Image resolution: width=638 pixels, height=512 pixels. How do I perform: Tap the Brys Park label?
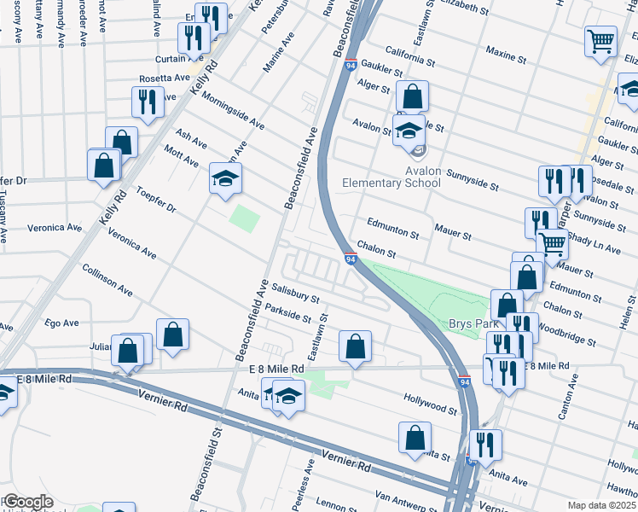[x=467, y=324]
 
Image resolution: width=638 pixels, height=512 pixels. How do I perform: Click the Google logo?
[x=27, y=502]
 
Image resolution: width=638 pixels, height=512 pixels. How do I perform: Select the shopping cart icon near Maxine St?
[x=600, y=40]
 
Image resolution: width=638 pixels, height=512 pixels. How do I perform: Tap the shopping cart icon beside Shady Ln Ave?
[x=553, y=243]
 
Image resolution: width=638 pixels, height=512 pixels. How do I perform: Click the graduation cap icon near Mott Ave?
[x=226, y=179]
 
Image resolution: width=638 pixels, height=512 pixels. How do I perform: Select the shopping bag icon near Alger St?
[x=412, y=97]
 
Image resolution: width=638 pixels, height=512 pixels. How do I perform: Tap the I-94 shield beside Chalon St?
[x=351, y=259]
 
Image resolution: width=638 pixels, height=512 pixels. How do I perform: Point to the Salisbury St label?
[x=294, y=294]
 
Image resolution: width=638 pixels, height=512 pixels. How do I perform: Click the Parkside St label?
[x=287, y=313]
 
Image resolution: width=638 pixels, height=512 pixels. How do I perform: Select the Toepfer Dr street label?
[x=154, y=202]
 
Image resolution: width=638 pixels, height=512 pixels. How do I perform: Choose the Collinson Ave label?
[x=107, y=279]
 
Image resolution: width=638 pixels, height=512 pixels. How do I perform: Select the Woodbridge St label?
[x=567, y=333]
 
